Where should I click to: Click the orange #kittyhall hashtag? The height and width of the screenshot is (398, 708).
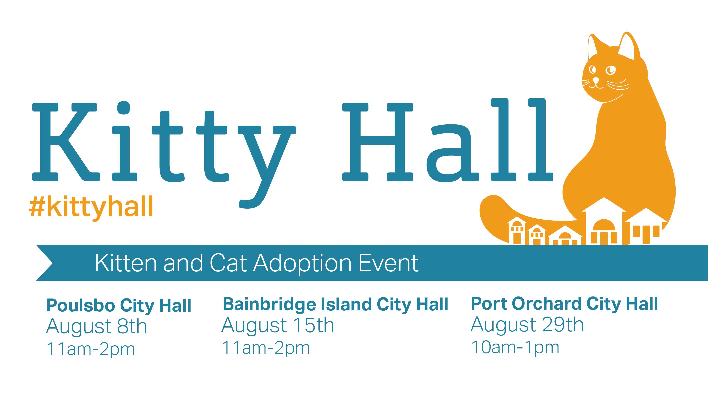[x=91, y=207]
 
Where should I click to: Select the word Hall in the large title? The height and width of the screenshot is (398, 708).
[x=448, y=140]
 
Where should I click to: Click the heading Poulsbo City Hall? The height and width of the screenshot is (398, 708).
[x=119, y=305]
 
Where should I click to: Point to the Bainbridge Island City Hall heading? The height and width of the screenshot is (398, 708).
[x=335, y=304]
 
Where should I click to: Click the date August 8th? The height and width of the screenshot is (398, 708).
[x=96, y=327]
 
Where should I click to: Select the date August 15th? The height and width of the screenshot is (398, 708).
[x=278, y=326]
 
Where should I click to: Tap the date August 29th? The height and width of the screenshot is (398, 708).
[x=527, y=325]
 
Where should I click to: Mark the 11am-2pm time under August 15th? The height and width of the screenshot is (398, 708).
[x=266, y=348]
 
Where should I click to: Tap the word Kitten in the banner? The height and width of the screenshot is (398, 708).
[x=126, y=263]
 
